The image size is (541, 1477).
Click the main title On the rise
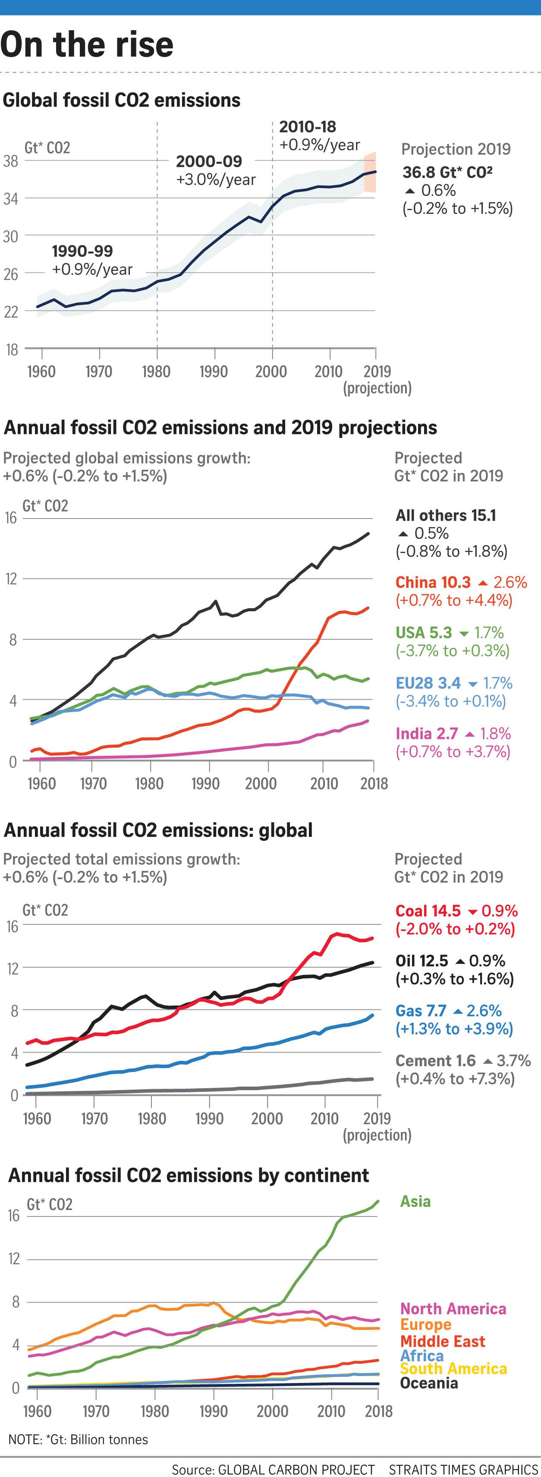[x=87, y=45]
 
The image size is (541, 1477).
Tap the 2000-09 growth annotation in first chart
[x=215, y=170]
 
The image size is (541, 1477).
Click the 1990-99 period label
[x=82, y=251]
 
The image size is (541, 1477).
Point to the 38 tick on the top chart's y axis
[x=11, y=161]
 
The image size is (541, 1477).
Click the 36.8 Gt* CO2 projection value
[x=447, y=172]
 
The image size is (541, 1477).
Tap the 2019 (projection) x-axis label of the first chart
[x=377, y=379]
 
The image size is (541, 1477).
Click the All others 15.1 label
[x=446, y=515]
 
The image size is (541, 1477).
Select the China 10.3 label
[x=433, y=582]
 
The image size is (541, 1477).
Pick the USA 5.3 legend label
[x=423, y=632]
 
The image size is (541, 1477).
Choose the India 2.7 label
[x=427, y=733]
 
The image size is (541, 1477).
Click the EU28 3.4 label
[x=428, y=683]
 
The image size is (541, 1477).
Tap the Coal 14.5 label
[x=428, y=911]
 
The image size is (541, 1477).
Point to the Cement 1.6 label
[x=435, y=1060]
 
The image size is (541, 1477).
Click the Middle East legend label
[x=442, y=1341]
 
